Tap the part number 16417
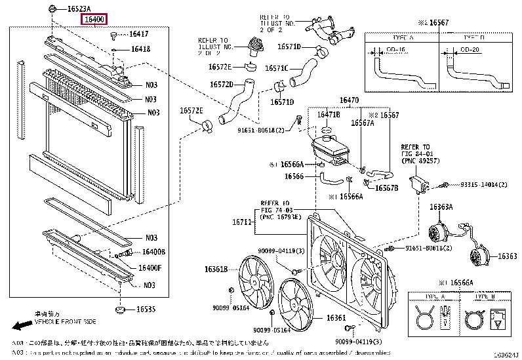[138, 33]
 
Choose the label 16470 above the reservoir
[348, 100]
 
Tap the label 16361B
[214, 269]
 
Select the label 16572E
[192, 110]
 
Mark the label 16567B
[386, 188]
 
